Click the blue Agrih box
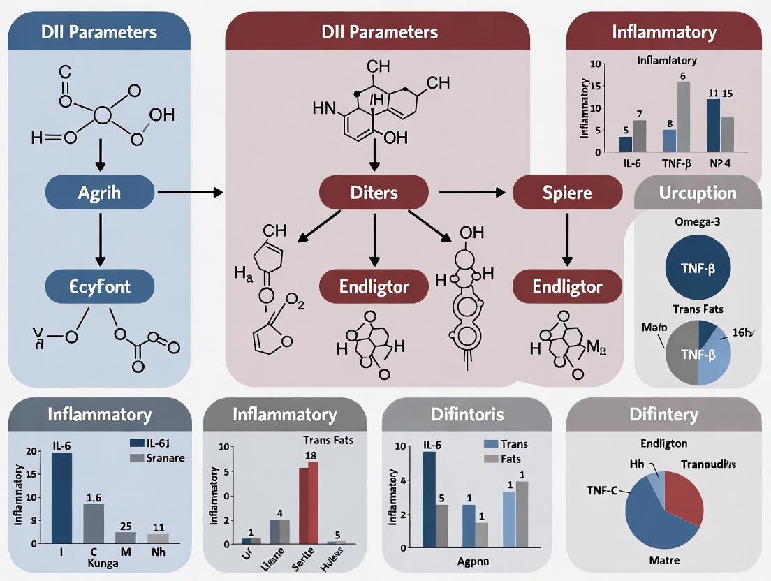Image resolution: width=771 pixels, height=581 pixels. (x=101, y=191)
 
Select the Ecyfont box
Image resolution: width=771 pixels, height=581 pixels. (x=101, y=286)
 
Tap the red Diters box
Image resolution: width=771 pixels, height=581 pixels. (x=374, y=192)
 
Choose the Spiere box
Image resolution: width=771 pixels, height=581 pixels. (x=567, y=192)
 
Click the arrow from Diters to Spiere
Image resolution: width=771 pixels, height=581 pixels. (x=471, y=191)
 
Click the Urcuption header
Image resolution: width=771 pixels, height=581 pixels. (x=698, y=193)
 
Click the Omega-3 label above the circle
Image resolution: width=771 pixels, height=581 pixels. (x=698, y=223)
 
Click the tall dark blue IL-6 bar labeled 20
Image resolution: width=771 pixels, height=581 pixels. (x=61, y=497)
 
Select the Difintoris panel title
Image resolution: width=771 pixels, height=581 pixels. (x=467, y=415)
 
